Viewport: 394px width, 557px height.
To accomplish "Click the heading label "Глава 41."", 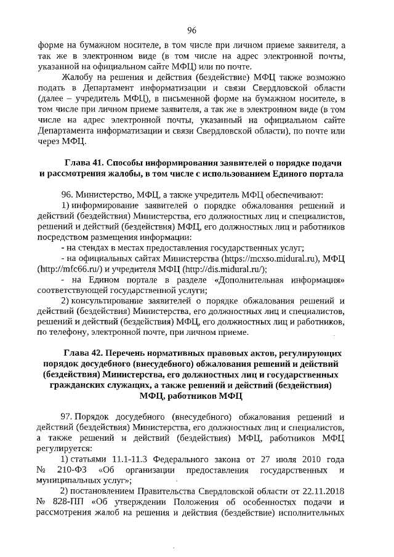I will [84, 162].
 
